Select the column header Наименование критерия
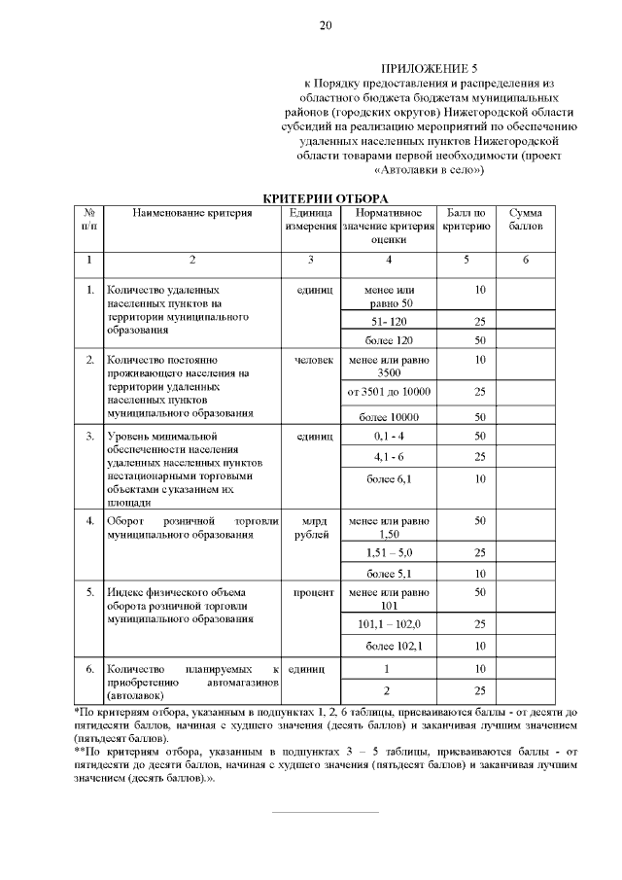[x=191, y=212]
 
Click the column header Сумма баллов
[x=525, y=219]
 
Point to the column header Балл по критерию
[x=466, y=219]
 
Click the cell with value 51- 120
[x=389, y=321]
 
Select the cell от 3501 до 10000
[x=389, y=392]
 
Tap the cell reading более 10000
[x=389, y=416]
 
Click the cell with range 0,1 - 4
[x=389, y=435]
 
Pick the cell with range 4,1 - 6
[x=389, y=456]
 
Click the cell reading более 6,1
[x=389, y=478]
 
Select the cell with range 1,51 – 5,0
[x=389, y=551]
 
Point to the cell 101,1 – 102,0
[x=389, y=623]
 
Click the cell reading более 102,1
[x=389, y=646]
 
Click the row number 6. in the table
[x=88, y=669]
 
